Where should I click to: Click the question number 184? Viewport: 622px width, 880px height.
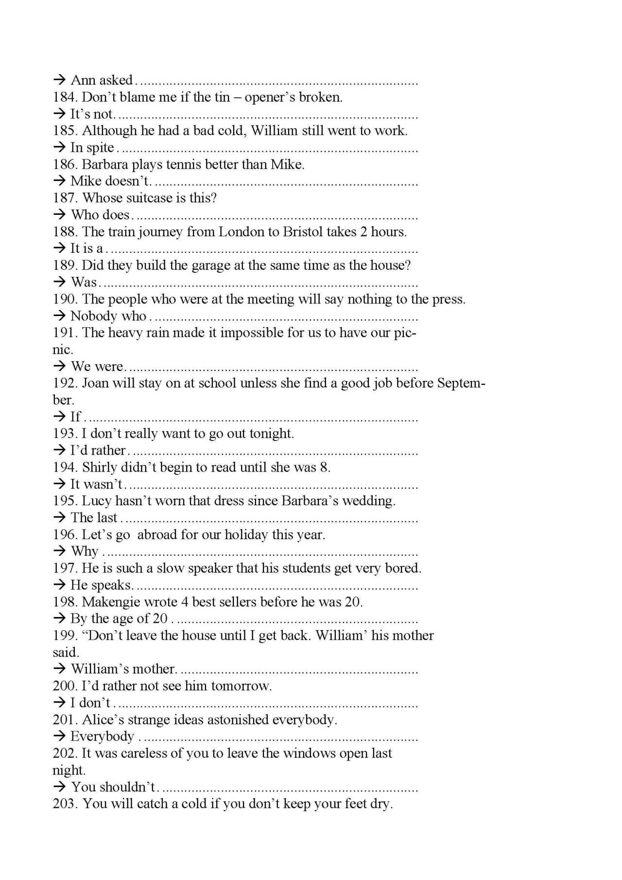click(65, 97)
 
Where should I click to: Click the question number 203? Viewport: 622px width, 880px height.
click(65, 804)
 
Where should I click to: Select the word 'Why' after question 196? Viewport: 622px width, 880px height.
click(85, 551)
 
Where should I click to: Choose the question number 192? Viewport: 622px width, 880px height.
click(65, 383)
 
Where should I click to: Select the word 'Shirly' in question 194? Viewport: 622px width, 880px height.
click(99, 468)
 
